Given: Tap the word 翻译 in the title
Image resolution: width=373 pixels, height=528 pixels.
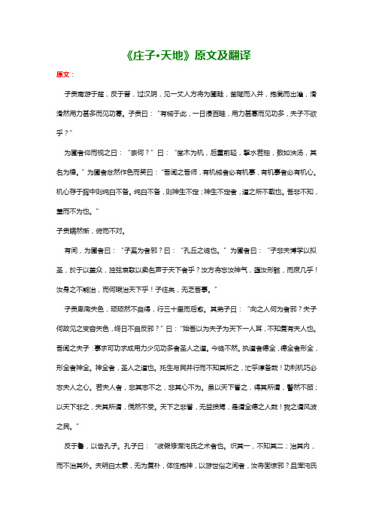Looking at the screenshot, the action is (241, 55).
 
